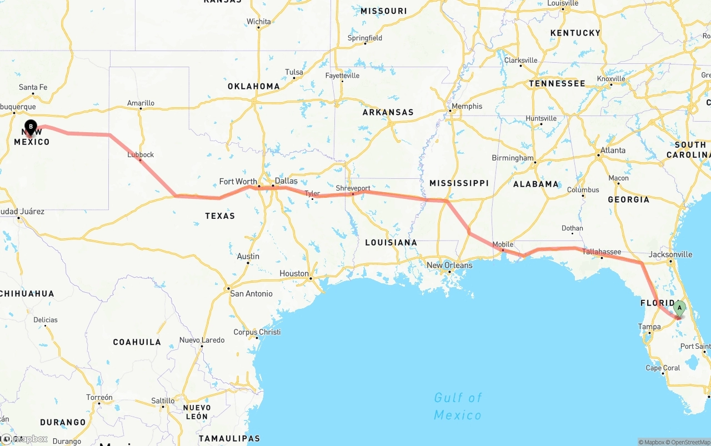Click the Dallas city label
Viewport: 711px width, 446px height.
click(x=286, y=181)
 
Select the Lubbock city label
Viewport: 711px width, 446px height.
click(x=141, y=155)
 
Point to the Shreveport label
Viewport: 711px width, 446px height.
click(x=353, y=188)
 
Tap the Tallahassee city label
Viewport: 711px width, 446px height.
click(x=602, y=252)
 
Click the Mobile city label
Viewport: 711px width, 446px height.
click(x=503, y=244)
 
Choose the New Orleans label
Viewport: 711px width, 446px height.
click(x=449, y=265)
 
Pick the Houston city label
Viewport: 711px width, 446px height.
click(x=294, y=273)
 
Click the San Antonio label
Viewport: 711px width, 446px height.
click(x=251, y=293)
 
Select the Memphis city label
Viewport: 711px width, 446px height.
click(x=467, y=106)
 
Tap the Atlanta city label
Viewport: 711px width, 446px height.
click(x=613, y=150)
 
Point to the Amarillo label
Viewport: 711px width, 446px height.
click(x=141, y=103)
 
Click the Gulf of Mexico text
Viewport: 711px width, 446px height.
click(x=458, y=406)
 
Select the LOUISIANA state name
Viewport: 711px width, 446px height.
click(x=391, y=242)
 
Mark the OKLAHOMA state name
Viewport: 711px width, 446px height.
click(x=253, y=86)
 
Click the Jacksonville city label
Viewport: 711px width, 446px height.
click(x=670, y=254)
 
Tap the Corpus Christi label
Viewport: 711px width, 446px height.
click(x=257, y=332)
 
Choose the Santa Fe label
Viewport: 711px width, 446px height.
click(x=33, y=87)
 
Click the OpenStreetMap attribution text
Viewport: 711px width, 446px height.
click(x=690, y=442)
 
